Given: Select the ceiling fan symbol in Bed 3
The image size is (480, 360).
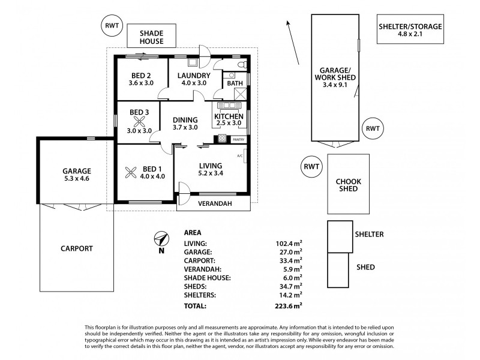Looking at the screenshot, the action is click(x=139, y=122).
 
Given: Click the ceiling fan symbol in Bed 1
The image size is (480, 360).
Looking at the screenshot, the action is click(x=131, y=173).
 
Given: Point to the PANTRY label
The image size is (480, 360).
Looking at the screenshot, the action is click(x=238, y=140).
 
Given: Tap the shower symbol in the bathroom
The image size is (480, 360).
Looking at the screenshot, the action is click(x=241, y=94).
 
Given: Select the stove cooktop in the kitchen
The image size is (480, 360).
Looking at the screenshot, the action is click(x=222, y=139).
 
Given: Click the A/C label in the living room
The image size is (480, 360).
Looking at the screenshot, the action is click(x=240, y=156).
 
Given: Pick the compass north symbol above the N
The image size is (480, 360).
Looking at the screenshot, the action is click(x=161, y=239).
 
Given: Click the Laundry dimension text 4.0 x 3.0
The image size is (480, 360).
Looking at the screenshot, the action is click(x=194, y=83).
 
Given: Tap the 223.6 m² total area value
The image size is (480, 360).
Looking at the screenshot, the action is click(x=289, y=305).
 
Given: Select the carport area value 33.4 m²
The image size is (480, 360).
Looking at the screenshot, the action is click(x=289, y=260).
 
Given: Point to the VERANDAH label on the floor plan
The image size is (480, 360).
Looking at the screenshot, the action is click(x=215, y=203).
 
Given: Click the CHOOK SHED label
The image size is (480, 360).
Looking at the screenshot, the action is click(x=349, y=185).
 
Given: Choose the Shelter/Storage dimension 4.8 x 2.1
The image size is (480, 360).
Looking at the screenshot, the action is click(x=410, y=34).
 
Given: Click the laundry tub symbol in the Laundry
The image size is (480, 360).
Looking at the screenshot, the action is click(x=193, y=62).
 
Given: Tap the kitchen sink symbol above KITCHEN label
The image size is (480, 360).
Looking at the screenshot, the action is click(x=229, y=106).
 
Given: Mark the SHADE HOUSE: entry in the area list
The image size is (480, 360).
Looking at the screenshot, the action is click(x=207, y=278).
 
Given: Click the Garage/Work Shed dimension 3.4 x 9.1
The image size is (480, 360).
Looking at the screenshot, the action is click(x=335, y=85).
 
